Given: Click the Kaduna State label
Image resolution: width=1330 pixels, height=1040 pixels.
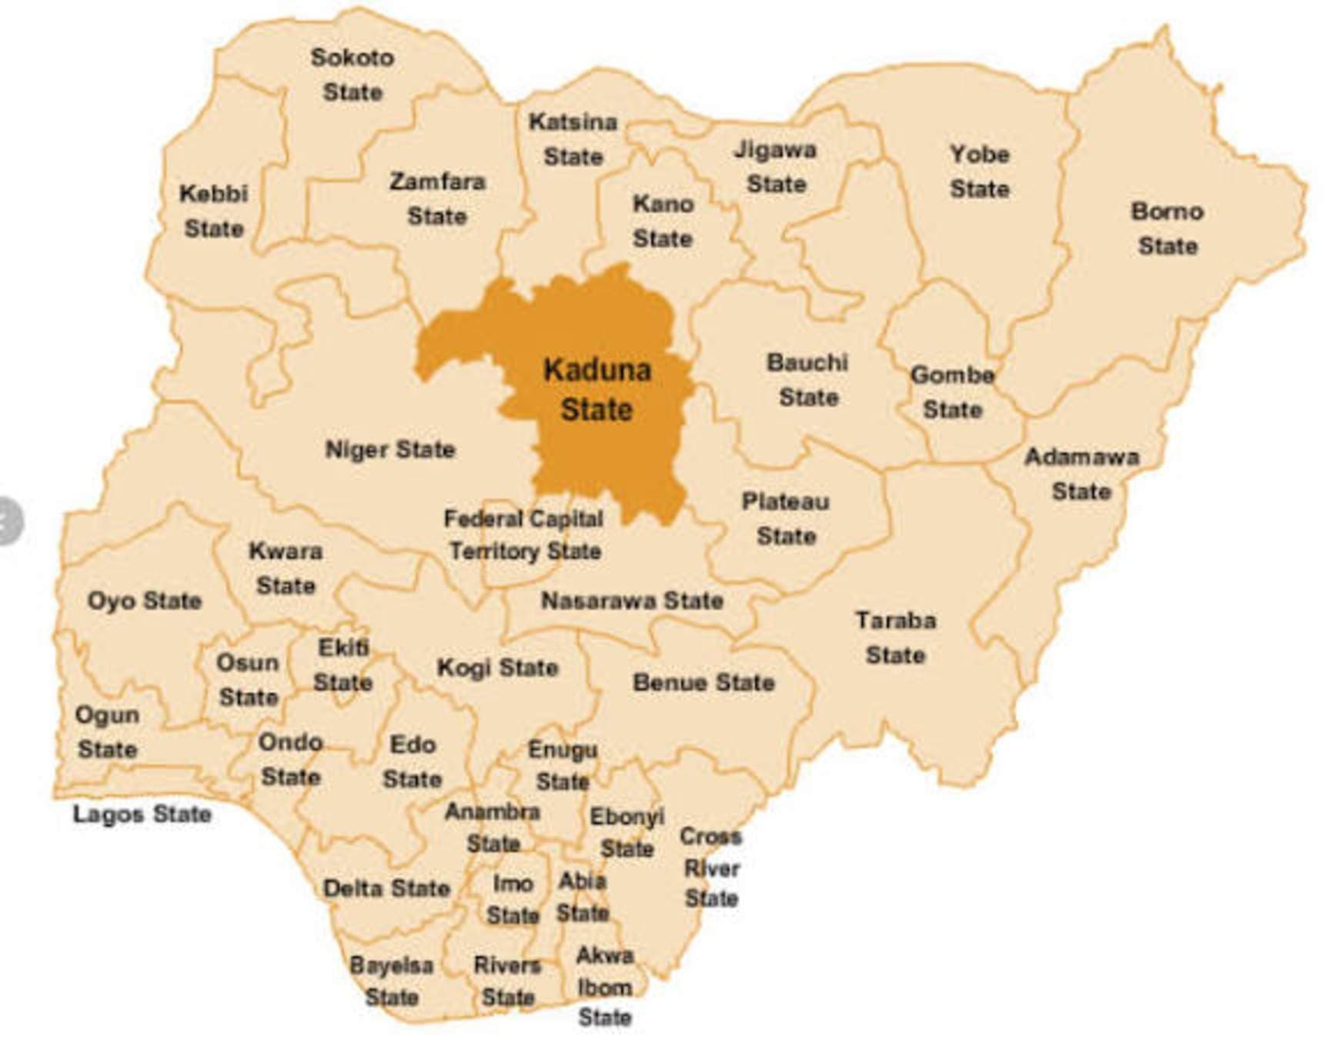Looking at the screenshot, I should click(597, 390).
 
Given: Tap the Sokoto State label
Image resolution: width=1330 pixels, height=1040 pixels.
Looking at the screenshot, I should click(353, 75).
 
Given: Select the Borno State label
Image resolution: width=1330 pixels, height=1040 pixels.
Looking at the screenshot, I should click(1167, 229).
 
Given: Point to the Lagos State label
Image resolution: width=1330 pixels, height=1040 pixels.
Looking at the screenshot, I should click(142, 814).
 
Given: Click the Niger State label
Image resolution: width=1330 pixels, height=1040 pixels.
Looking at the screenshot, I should click(390, 449).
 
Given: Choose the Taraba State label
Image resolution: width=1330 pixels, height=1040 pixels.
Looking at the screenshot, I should click(895, 637).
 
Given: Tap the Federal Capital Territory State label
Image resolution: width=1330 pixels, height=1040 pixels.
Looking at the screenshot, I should click(524, 535).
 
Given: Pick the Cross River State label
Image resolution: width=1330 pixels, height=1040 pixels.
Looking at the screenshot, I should click(711, 868).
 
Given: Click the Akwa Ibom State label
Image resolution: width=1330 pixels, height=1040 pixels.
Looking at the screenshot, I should click(605, 986).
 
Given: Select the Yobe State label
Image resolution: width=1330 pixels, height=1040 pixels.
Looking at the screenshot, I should click(979, 171).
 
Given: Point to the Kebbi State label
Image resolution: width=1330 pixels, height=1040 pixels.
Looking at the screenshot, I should click(213, 211).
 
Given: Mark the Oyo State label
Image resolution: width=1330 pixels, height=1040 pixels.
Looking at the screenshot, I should click(145, 600).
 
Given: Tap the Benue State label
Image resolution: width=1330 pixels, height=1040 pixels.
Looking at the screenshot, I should click(703, 682).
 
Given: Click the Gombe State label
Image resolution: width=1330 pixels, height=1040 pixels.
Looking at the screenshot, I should click(952, 392).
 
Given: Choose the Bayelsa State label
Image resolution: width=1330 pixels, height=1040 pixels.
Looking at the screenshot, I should click(392, 981).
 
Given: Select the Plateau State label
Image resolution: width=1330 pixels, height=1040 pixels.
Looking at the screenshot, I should click(786, 519).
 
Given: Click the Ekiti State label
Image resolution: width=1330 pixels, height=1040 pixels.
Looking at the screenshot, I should click(343, 665).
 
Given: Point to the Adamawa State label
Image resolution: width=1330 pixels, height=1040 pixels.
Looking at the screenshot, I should click(1081, 473).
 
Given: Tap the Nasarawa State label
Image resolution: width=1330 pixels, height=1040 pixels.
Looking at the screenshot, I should click(632, 600).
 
